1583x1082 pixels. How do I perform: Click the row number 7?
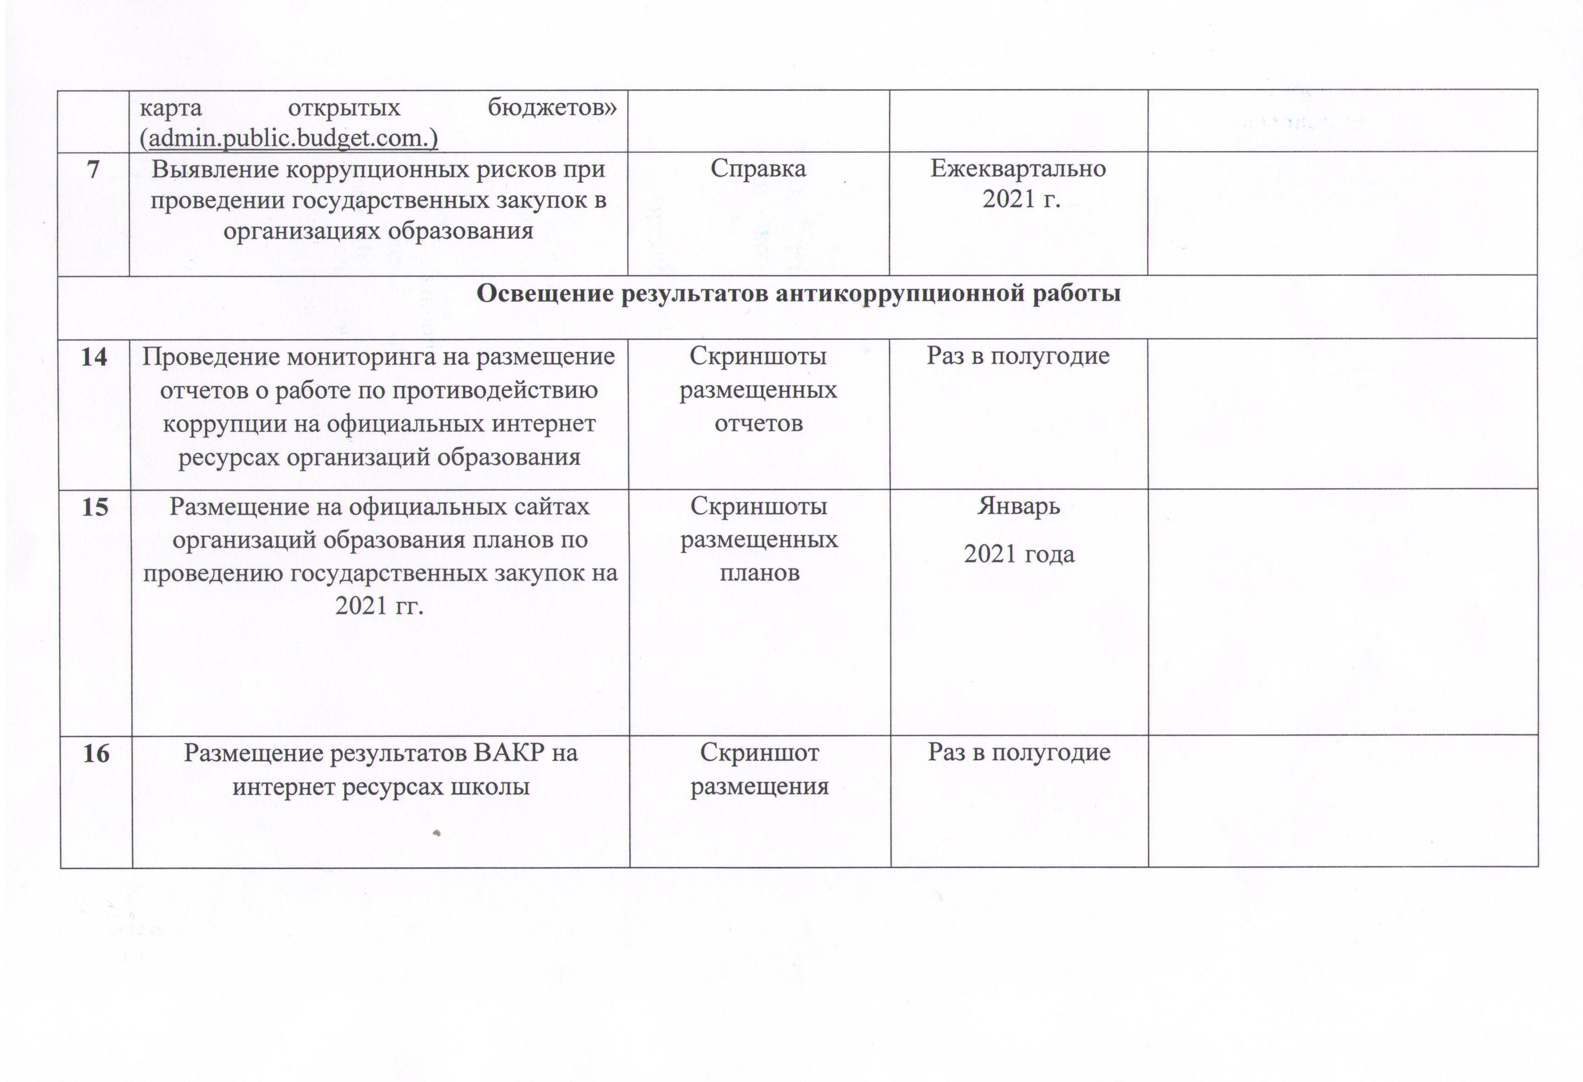[x=93, y=169]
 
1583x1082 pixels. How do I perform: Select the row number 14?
[x=94, y=357]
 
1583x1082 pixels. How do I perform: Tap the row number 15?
[x=95, y=507]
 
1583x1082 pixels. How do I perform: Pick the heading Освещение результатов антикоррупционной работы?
[x=798, y=294]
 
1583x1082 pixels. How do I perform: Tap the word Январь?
[x=1019, y=507]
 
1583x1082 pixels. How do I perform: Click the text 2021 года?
[x=1019, y=554]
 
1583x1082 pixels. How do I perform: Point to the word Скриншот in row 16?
[x=760, y=753]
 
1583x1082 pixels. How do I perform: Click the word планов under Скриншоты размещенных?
[x=760, y=573]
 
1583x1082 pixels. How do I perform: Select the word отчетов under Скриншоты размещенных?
[x=758, y=423]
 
